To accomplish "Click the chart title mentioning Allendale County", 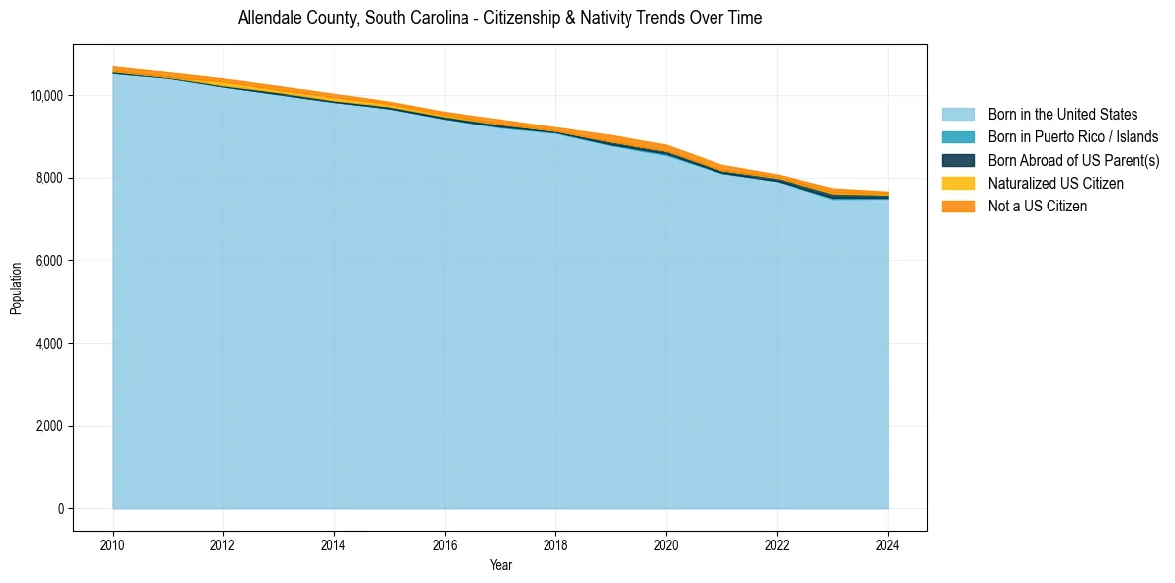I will point(500,18).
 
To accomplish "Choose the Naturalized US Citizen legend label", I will point(1055,184).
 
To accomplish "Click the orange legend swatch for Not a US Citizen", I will point(958,207).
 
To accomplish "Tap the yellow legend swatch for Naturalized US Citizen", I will point(958,184).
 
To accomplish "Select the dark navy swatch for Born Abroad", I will point(958,160).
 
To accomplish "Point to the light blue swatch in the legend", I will point(958,115).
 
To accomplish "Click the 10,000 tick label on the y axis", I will point(46,96).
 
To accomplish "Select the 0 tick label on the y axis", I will point(60,509).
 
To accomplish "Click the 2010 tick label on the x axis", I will point(113,543).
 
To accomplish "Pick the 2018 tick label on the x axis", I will point(555,543).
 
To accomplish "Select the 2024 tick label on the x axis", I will point(888,543).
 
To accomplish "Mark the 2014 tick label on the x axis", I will point(334,543).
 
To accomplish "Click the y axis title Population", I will point(16,289).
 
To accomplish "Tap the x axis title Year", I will point(500,565).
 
